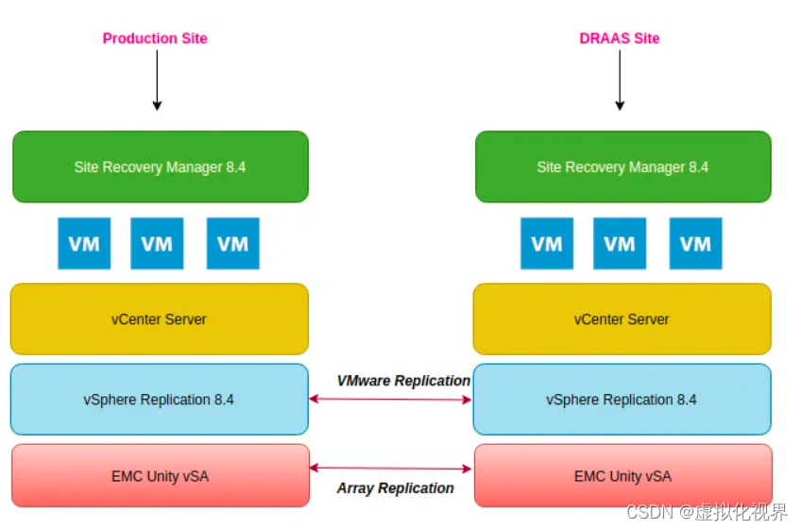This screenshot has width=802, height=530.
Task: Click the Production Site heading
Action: coord(155,39)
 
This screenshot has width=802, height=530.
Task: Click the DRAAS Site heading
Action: coord(619,39)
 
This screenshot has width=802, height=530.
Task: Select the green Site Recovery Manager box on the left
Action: coord(160,167)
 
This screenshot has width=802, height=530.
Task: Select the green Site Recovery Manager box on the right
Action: coord(623,167)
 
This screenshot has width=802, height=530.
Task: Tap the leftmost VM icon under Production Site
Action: coord(84,244)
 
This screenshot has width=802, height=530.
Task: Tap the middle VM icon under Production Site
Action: coord(157,244)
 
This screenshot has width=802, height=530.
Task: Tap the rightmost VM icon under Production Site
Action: coord(232,244)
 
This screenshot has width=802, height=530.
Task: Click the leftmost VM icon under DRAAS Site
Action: coord(547,244)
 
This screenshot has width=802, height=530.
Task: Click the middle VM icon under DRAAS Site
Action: coord(620,244)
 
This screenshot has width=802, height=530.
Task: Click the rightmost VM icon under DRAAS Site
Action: coord(695,244)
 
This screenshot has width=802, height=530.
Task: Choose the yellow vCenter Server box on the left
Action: coord(160,319)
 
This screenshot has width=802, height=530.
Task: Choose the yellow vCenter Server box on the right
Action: coord(622,319)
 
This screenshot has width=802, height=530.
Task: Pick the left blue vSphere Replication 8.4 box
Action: coord(160,400)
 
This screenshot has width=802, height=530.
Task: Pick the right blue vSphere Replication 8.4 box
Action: coord(622,400)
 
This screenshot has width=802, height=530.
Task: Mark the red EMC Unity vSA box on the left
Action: coord(160,476)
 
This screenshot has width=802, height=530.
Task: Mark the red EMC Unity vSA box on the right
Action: coord(623,476)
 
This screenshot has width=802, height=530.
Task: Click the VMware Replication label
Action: coord(403,381)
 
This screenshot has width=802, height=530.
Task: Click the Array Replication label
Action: coord(395,488)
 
